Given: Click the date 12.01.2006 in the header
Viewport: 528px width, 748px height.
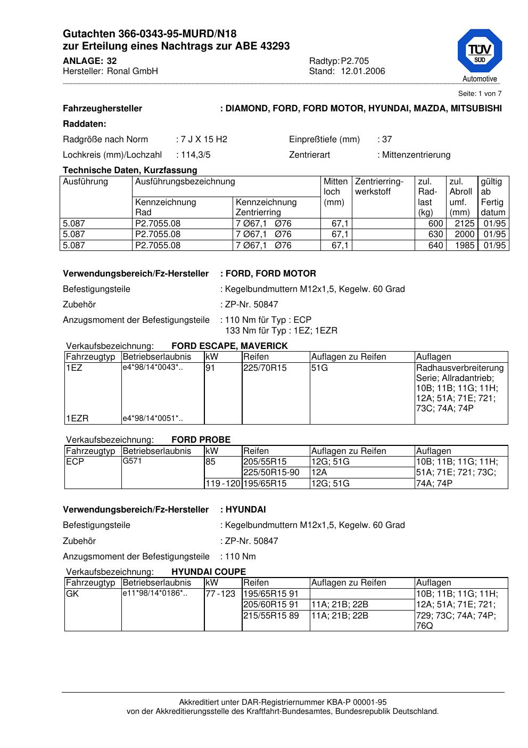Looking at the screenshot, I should [362, 71].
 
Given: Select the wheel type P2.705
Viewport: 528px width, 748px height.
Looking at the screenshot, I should [354, 61].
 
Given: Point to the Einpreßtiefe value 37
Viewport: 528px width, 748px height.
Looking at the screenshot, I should [387, 140].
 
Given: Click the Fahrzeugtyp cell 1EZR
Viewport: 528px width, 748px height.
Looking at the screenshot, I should [77, 419].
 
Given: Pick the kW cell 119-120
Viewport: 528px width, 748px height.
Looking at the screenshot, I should [223, 484].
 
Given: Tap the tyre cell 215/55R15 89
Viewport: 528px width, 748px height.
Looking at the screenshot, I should [271, 615].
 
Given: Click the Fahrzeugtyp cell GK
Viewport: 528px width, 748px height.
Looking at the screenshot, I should [72, 593].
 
